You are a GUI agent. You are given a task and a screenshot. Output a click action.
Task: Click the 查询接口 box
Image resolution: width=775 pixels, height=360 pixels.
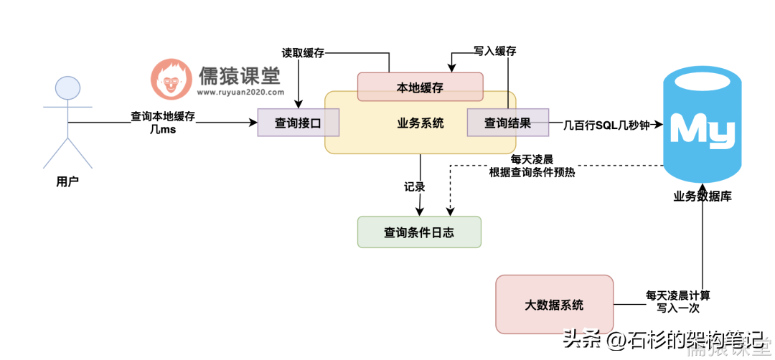tap(298, 123)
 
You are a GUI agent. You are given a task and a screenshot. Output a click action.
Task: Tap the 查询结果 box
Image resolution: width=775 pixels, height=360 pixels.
tap(507, 123)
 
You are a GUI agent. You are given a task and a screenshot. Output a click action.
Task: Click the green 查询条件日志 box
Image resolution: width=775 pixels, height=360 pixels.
tap(419, 232)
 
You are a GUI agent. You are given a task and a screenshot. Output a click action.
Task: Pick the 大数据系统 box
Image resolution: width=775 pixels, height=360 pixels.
tap(554, 304)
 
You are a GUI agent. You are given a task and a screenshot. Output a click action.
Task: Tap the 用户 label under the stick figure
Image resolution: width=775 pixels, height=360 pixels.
tap(67, 182)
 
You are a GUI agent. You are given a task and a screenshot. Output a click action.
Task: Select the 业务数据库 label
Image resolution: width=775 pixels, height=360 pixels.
tap(703, 196)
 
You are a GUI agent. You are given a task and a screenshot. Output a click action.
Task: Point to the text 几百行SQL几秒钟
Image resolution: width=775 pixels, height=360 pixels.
tap(606, 123)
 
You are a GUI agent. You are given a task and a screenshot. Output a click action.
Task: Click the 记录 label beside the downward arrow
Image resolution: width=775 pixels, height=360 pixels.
tap(414, 186)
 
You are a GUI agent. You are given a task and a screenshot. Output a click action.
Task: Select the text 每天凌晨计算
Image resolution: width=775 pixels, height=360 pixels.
tap(678, 295)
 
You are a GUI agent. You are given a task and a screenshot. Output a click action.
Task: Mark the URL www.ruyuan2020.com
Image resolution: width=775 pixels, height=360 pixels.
tap(240, 92)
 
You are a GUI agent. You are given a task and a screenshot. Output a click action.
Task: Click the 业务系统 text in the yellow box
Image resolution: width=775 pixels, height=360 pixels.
tap(421, 123)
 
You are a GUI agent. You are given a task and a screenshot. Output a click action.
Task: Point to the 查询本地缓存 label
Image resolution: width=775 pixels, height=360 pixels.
tap(163, 116)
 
